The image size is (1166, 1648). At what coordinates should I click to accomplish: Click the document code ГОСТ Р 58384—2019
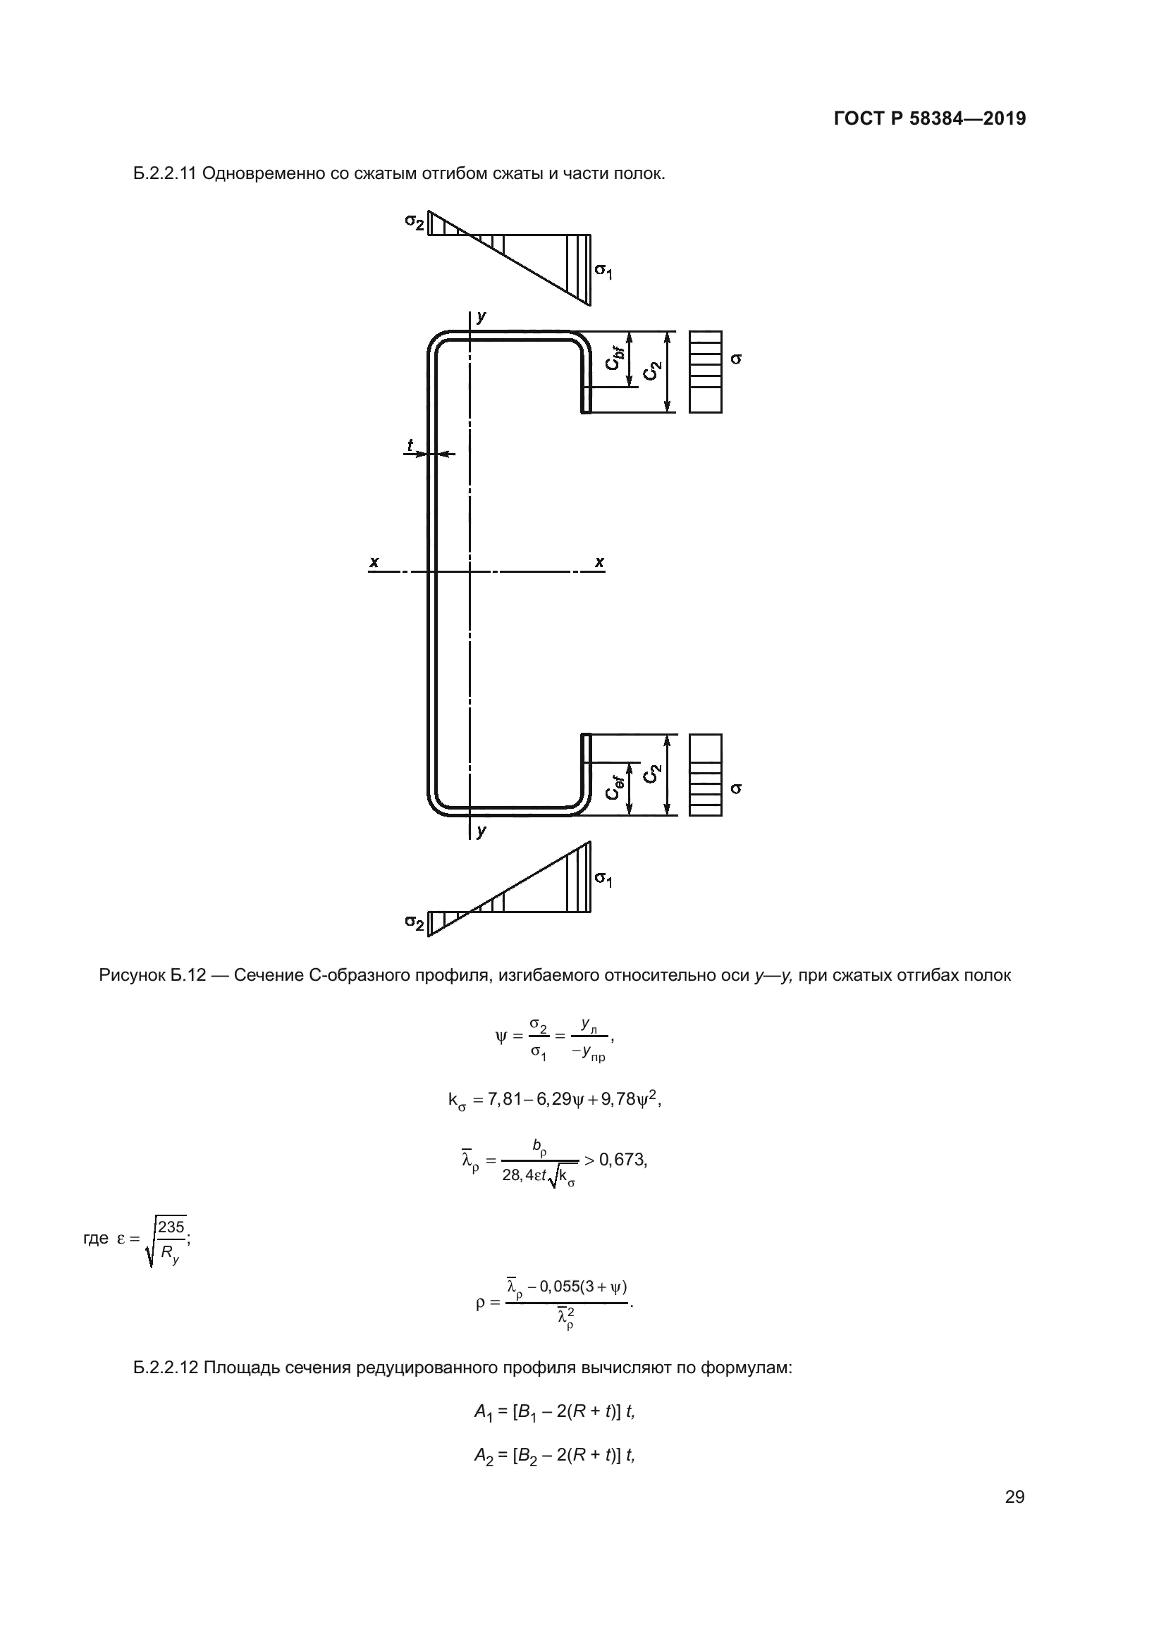[930, 118]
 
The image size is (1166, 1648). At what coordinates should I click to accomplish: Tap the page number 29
[1014, 1497]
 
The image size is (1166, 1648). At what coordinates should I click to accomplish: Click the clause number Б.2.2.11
[165, 174]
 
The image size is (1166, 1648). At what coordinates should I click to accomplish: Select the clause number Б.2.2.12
[165, 1367]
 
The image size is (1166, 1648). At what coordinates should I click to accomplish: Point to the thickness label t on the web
[410, 445]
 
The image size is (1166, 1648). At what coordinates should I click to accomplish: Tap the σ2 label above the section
[414, 222]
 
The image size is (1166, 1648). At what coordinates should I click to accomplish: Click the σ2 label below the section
[414, 922]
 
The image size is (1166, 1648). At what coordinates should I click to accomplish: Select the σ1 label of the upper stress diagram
[603, 271]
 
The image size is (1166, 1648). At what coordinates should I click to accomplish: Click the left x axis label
[374, 562]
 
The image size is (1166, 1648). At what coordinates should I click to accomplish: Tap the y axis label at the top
[481, 316]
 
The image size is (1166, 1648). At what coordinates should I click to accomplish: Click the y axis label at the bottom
[481, 831]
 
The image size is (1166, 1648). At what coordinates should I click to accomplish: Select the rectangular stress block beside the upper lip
[705, 372]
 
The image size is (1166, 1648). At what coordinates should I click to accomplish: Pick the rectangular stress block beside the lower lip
[705, 774]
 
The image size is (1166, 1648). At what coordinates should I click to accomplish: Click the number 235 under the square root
[171, 1226]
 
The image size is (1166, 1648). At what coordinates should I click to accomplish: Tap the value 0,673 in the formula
[622, 1159]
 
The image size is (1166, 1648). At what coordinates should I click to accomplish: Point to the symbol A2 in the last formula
[483, 1455]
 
